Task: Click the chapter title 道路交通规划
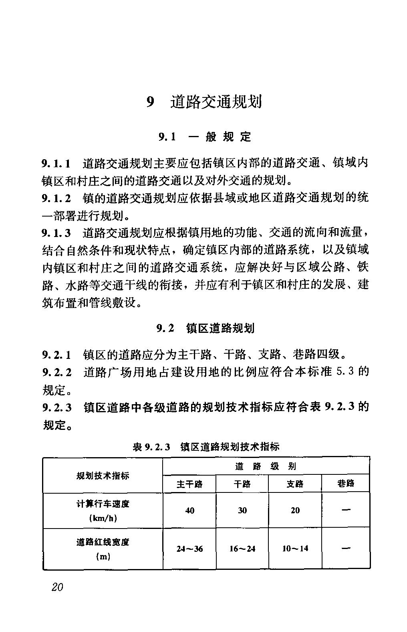(x=216, y=102)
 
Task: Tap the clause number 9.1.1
(x=56, y=164)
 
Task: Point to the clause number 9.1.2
(x=56, y=198)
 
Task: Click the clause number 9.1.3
(x=56, y=233)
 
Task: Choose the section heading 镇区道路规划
(x=220, y=329)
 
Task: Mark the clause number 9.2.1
(x=56, y=354)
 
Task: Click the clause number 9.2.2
(x=56, y=373)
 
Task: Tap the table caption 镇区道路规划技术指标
(x=230, y=446)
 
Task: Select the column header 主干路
(x=189, y=484)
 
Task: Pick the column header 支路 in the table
(x=295, y=484)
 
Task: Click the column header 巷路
(x=346, y=484)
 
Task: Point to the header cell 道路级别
(x=266, y=466)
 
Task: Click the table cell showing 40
(x=189, y=510)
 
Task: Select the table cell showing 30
(x=242, y=510)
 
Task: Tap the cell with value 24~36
(x=189, y=549)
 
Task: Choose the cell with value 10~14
(x=295, y=549)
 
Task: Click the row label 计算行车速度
(x=103, y=504)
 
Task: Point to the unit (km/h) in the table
(x=103, y=518)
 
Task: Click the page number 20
(x=57, y=587)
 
